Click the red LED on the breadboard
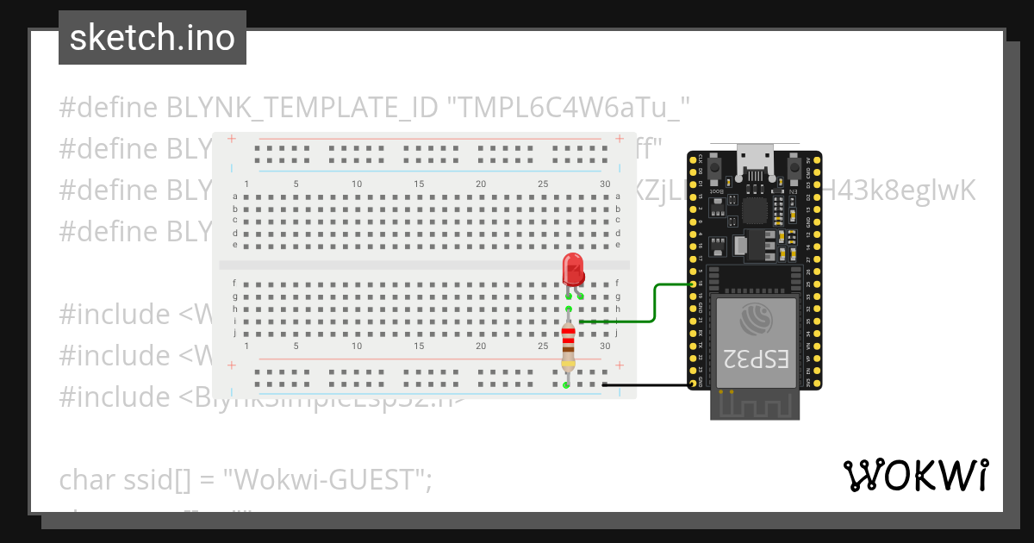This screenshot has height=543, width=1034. point(572,269)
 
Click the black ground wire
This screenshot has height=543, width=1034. point(646,384)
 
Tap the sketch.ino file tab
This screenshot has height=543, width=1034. point(153,38)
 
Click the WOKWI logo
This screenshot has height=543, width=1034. point(915,475)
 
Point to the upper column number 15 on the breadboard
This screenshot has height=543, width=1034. point(419,184)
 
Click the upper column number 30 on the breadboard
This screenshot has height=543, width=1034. point(605,184)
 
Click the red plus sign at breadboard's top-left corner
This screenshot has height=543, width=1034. point(231,139)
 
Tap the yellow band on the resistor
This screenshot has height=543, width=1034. point(568,362)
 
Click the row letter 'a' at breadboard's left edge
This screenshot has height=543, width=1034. point(235,197)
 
